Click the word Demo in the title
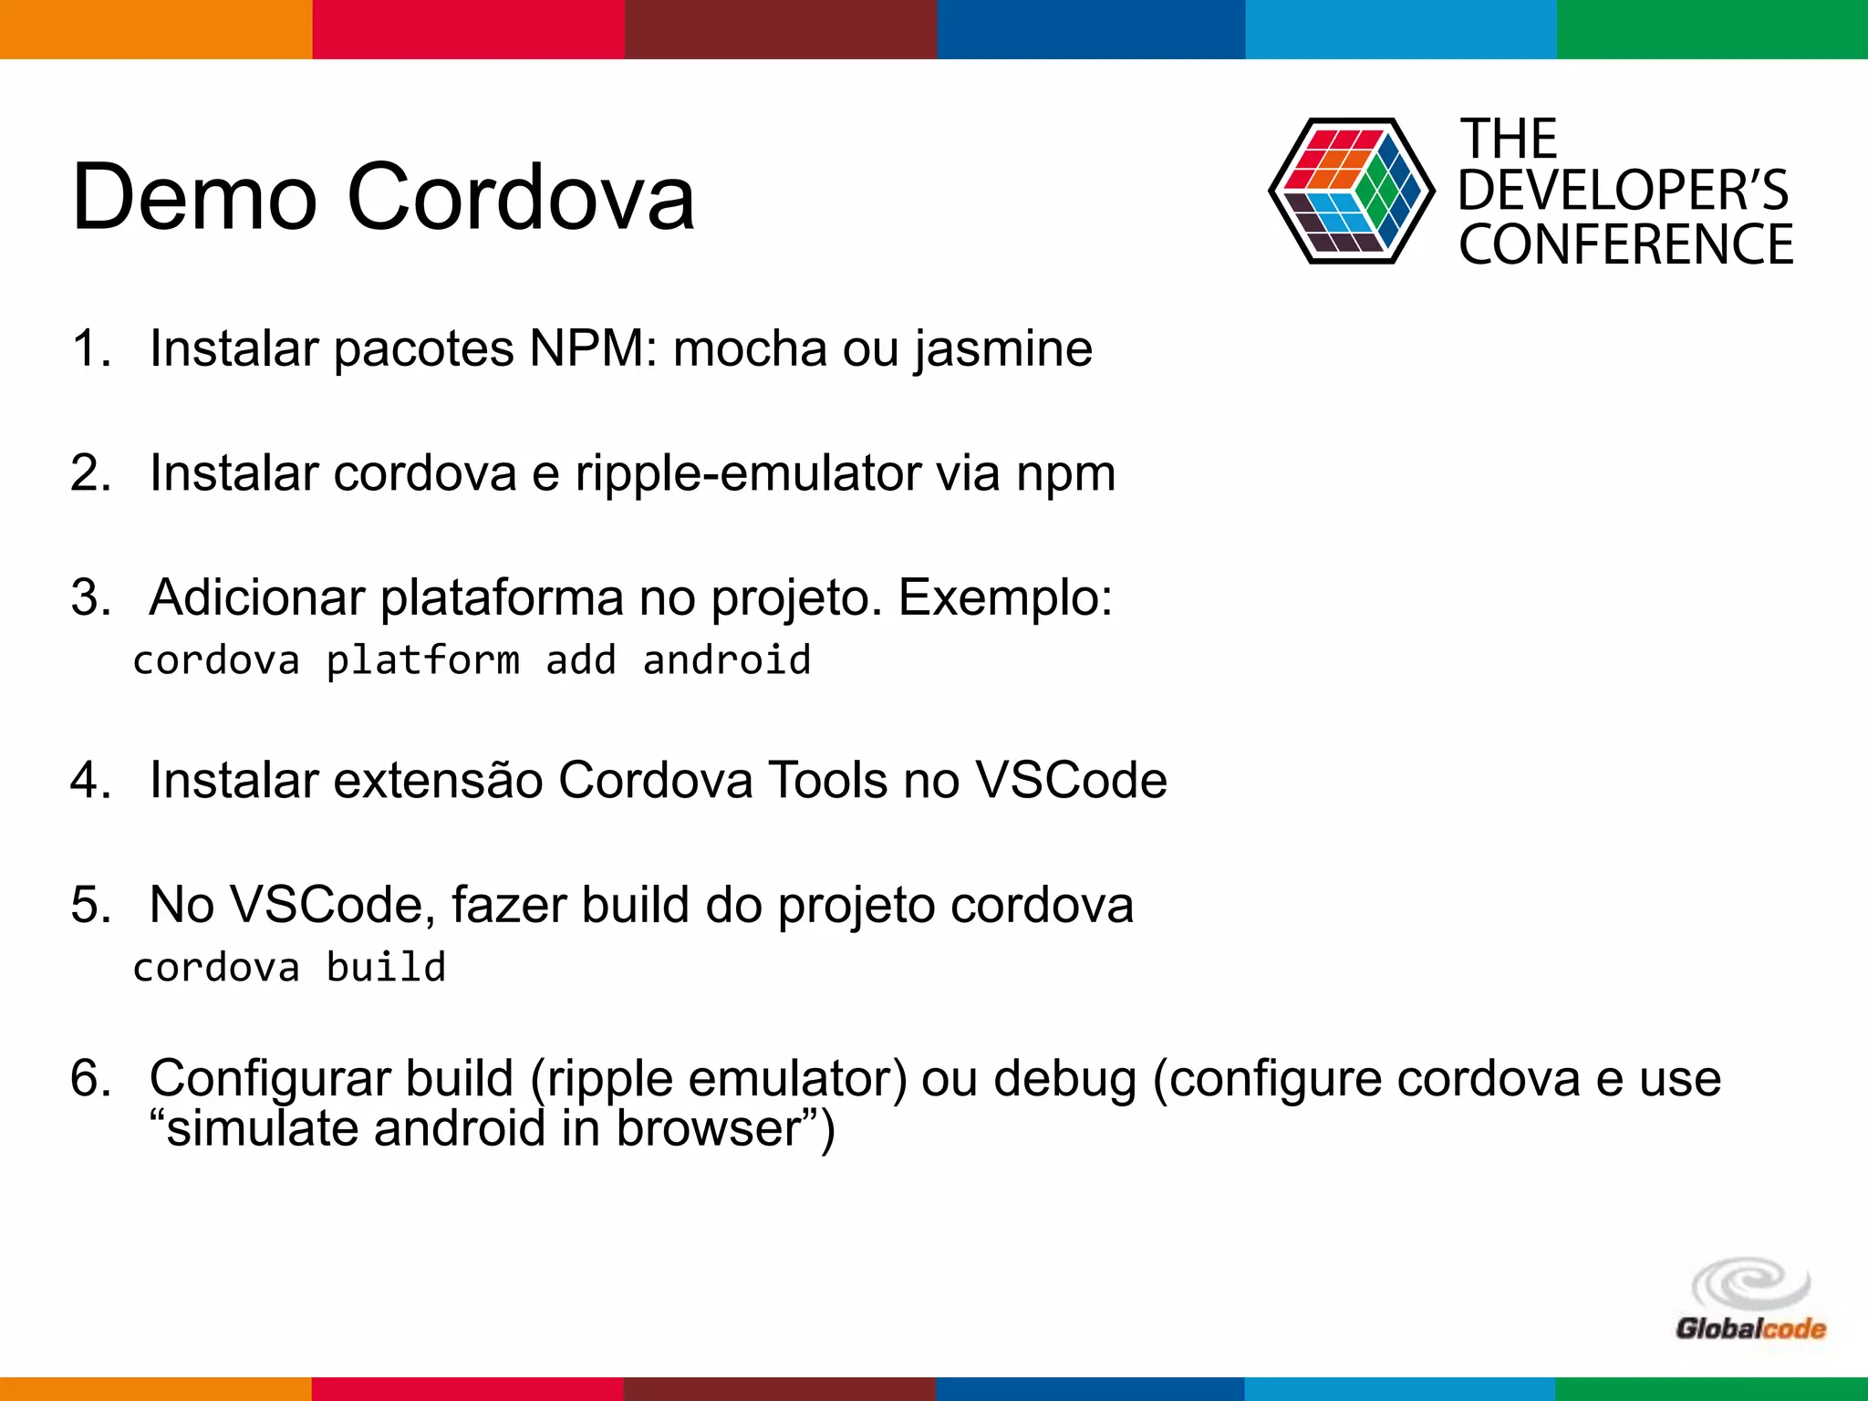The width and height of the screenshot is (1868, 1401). pyautogui.click(x=193, y=197)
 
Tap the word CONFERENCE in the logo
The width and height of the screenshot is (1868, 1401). pyautogui.click(x=1625, y=244)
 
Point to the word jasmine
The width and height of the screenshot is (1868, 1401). pyautogui.click(x=1003, y=350)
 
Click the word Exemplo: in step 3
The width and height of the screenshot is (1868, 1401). pyautogui.click(x=1005, y=599)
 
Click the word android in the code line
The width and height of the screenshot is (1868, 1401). pyautogui.click(x=726, y=660)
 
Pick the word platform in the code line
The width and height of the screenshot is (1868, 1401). pyautogui.click(x=423, y=660)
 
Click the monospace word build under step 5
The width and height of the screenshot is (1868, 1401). pyautogui.click(x=386, y=968)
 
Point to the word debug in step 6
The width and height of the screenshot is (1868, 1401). pyautogui.click(x=1064, y=1079)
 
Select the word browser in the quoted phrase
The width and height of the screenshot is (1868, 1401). pyautogui.click(x=708, y=1129)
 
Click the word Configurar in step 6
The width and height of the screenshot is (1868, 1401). pyautogui.click(x=269, y=1080)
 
